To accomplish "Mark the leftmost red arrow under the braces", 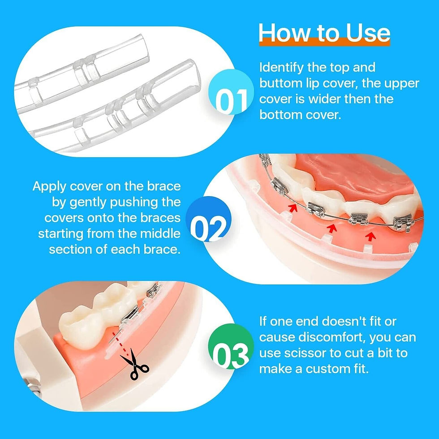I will point(294,207).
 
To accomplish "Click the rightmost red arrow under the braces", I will point(370,234).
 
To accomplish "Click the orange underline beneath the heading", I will point(324,43).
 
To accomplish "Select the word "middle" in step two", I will point(160,233).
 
